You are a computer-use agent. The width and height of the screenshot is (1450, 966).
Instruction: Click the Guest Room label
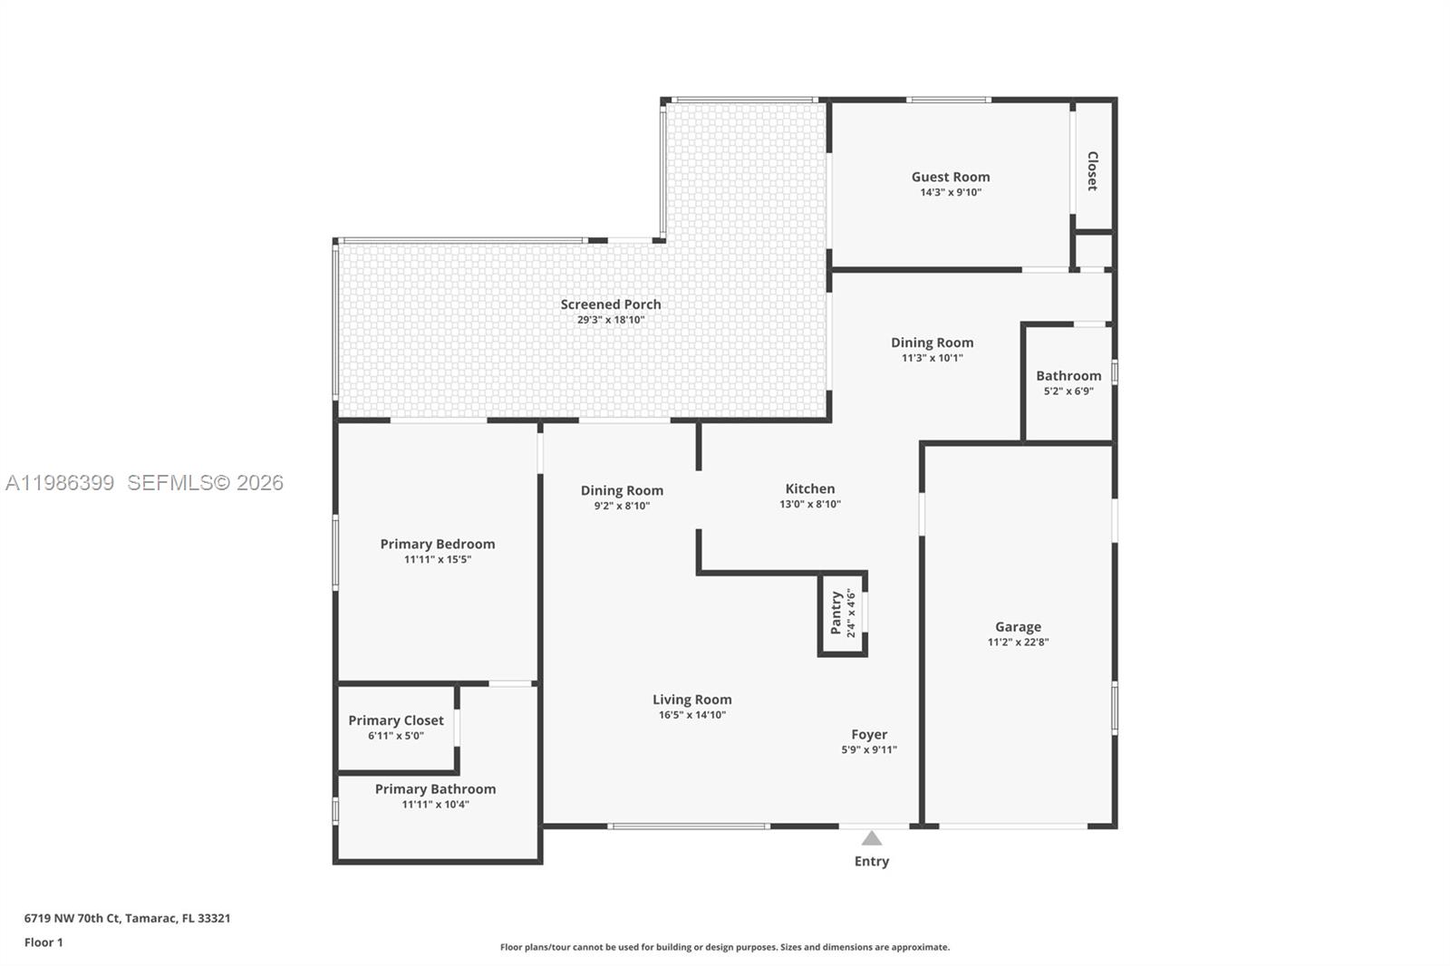[x=950, y=177]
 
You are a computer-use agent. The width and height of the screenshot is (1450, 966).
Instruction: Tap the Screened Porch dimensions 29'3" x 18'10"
[x=610, y=320]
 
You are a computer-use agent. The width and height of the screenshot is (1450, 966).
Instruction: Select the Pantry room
[x=842, y=613]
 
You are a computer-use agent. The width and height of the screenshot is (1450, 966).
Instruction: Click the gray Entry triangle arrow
[x=871, y=838]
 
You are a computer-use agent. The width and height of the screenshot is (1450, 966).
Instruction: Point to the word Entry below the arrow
[x=871, y=861]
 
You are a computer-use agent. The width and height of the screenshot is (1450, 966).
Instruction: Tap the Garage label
[x=1018, y=626]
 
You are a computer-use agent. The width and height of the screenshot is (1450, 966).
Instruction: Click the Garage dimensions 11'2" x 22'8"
[x=1018, y=642]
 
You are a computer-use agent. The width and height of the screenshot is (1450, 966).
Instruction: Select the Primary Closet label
[x=396, y=720]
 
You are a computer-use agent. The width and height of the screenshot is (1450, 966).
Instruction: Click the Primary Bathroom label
[x=435, y=789]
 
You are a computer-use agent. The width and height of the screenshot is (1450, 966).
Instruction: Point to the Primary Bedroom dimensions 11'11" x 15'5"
[x=437, y=560]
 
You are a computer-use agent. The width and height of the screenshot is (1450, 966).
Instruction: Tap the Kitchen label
[x=809, y=488]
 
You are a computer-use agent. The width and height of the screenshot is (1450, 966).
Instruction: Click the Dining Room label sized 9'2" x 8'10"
[x=622, y=490]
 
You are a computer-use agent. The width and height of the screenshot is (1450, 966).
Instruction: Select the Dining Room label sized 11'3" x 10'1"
[x=932, y=343]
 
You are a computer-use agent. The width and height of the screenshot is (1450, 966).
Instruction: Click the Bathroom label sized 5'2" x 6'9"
[x=1068, y=375]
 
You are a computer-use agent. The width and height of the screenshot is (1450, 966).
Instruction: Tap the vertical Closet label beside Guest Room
[x=1092, y=170]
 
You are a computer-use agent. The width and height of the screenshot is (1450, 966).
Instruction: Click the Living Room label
[x=691, y=700]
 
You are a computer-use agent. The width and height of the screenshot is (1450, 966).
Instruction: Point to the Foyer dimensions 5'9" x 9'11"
[x=868, y=750]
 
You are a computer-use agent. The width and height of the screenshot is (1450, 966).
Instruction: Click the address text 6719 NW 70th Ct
[x=72, y=918]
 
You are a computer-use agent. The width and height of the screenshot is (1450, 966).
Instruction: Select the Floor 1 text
[x=43, y=942]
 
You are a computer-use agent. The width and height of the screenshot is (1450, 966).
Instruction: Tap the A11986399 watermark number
[x=60, y=483]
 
